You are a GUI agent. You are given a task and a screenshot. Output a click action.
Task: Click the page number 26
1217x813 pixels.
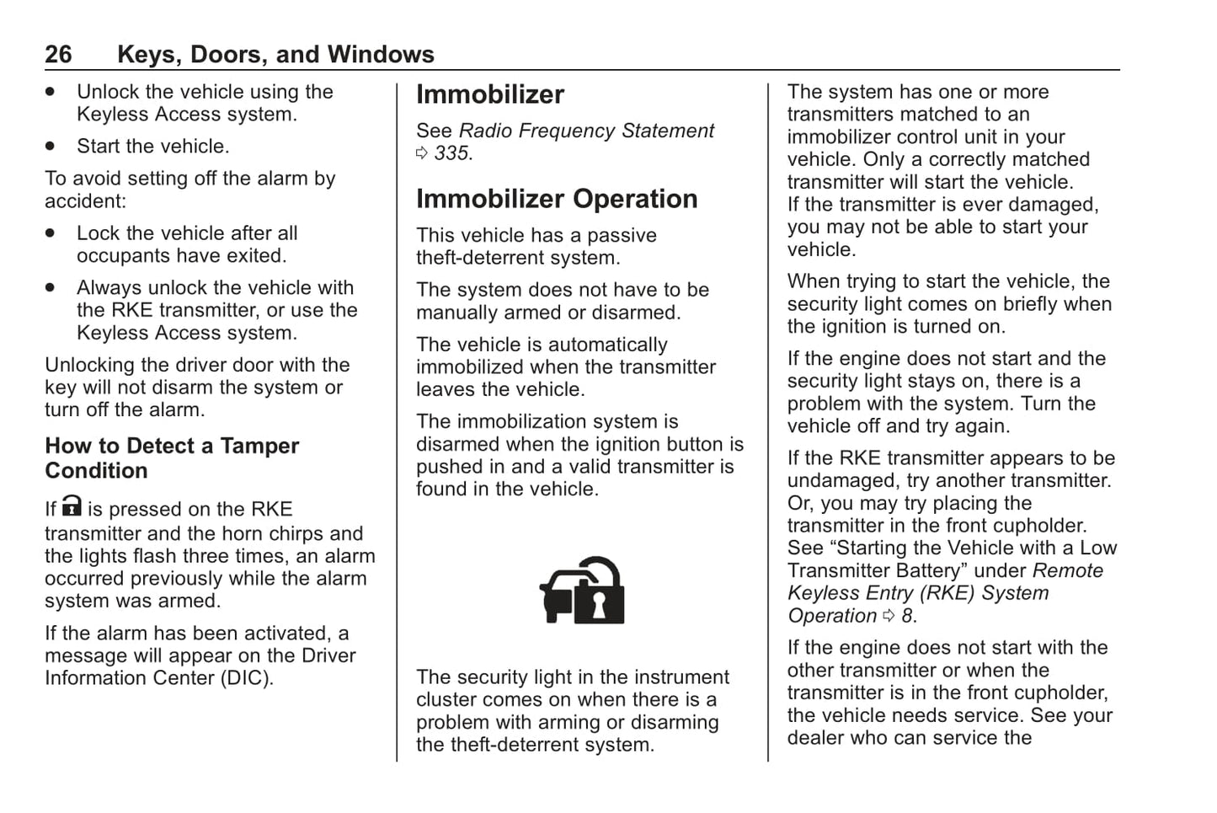pos(58,55)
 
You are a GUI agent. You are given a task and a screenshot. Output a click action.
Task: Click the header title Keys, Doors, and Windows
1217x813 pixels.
pos(275,55)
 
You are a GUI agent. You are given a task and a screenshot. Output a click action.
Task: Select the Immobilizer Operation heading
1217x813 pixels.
pos(557,199)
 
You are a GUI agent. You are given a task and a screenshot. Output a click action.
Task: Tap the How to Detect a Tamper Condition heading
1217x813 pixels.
pos(172,458)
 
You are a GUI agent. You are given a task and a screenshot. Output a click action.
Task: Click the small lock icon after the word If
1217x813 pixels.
pos(72,506)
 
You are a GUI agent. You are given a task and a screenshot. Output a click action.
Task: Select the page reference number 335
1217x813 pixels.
pos(452,153)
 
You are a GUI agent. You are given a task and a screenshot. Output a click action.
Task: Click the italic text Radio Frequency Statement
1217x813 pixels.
pos(586,131)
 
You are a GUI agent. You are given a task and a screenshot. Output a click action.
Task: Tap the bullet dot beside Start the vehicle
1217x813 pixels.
pos(51,147)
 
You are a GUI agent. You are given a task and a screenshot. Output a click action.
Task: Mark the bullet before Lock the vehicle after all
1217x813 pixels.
pos(51,233)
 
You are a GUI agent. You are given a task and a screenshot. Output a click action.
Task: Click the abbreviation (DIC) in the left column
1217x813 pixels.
pos(247,678)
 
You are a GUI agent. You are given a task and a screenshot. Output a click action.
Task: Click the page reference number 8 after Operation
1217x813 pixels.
pos(906,616)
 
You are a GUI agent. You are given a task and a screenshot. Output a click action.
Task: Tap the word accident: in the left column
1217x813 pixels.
pos(84,201)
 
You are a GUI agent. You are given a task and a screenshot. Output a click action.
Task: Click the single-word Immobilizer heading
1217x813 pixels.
pos(490,95)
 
